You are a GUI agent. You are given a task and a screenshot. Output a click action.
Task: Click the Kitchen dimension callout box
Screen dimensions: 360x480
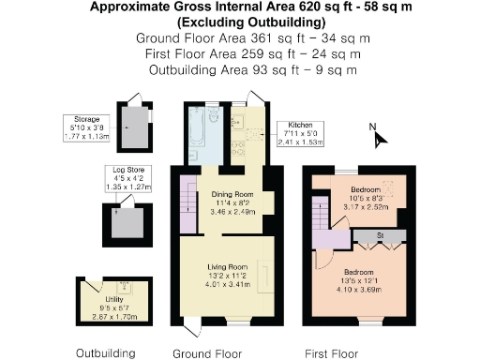click(x=299, y=133)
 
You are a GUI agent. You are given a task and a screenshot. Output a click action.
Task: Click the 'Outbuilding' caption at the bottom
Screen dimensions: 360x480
click(x=105, y=353)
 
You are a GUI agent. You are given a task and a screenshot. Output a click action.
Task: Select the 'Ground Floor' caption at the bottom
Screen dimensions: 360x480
click(x=208, y=353)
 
